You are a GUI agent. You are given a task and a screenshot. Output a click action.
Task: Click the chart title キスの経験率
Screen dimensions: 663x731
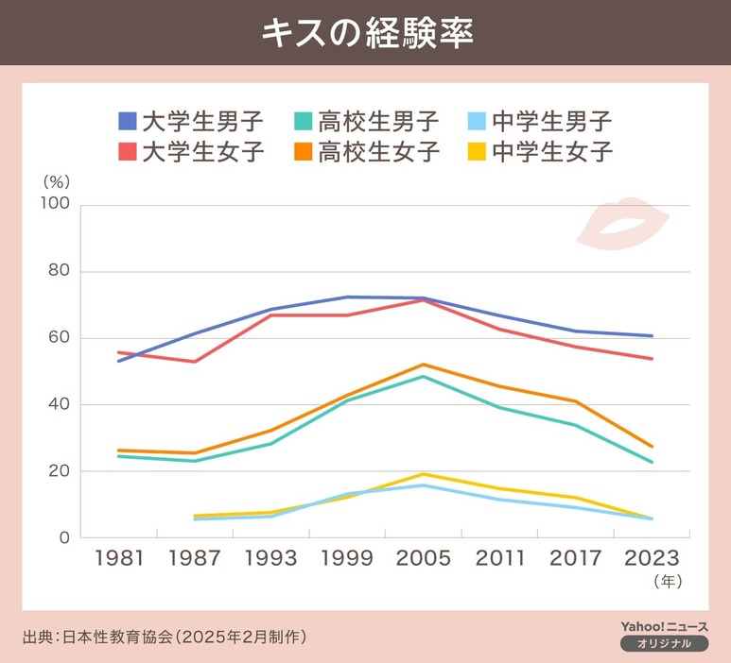point(366,32)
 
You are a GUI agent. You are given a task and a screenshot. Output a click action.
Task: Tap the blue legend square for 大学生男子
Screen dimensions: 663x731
point(128,122)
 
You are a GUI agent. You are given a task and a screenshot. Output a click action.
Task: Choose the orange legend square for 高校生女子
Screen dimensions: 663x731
point(303,151)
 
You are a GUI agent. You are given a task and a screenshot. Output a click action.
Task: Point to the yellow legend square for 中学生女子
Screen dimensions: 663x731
point(478,151)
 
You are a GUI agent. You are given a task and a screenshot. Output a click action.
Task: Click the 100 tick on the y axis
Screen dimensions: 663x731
point(56,206)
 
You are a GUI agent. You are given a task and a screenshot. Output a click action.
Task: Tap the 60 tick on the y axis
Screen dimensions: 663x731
point(61,338)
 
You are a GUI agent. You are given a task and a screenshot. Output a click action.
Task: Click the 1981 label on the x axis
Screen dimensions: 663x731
point(119,558)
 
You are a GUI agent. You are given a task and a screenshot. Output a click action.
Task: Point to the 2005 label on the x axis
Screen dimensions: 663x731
point(423,558)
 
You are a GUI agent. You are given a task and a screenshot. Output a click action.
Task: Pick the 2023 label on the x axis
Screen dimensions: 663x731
point(652,558)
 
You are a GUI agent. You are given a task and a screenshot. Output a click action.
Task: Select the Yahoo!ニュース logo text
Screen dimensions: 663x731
point(664,626)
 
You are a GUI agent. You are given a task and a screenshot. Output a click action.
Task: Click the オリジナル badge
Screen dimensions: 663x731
point(664,643)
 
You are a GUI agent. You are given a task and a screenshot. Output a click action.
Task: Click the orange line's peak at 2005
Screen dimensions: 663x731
point(423,365)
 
